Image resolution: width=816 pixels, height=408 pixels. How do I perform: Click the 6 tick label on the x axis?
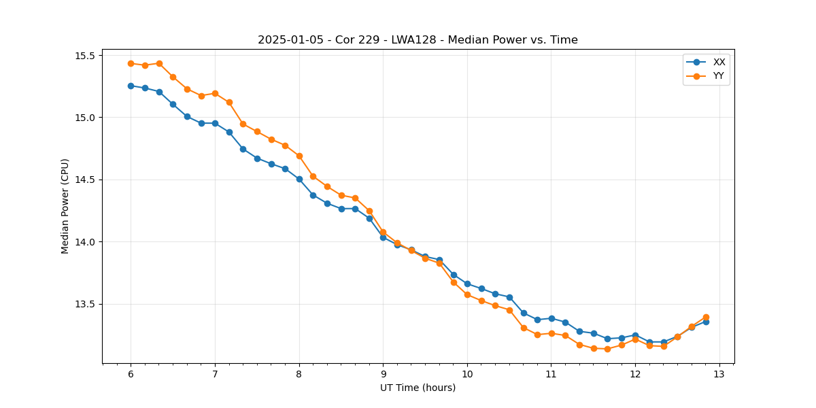pos(131,374)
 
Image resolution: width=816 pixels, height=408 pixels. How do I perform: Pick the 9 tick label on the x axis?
pos(383,374)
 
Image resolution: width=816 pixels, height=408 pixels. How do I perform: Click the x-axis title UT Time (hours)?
pos(418,388)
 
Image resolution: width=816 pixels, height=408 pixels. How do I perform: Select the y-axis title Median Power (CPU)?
pos(65,206)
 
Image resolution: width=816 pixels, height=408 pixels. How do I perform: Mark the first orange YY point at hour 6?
pos(131,63)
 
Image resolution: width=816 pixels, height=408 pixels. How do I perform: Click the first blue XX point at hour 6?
pos(131,86)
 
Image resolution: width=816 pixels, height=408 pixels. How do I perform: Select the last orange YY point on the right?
pos(706,317)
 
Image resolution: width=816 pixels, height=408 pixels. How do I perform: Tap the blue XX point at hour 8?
pos(299,179)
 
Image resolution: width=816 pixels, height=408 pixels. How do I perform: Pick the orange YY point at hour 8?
pos(299,156)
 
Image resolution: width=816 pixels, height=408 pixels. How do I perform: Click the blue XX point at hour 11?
pos(551,318)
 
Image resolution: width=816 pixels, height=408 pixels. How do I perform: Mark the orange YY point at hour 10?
pos(467,294)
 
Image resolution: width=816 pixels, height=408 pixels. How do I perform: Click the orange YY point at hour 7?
pos(215,93)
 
